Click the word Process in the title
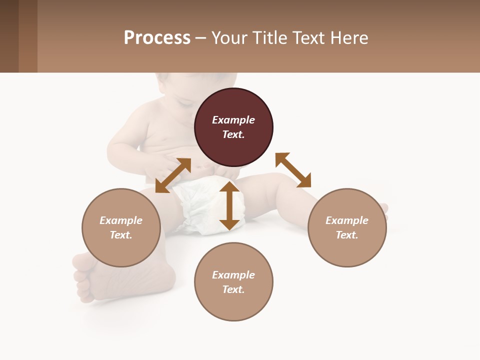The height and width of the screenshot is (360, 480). tap(157, 38)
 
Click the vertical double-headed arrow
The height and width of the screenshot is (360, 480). tap(229, 205)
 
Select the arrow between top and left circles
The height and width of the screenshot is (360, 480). tap(173, 175)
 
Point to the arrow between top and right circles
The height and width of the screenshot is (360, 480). tap(293, 170)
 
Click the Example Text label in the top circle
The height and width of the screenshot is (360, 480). tap(233, 127)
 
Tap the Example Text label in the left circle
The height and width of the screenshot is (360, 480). tap(121, 227)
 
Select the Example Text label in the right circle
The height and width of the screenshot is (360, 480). tap(347, 227)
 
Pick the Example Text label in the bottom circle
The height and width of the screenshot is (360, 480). tap(233, 282)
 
